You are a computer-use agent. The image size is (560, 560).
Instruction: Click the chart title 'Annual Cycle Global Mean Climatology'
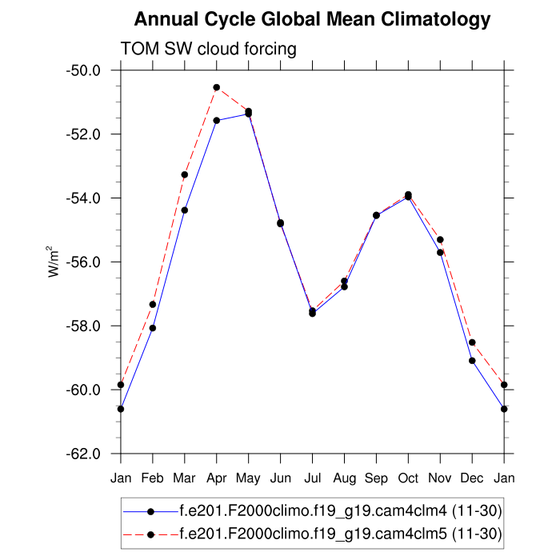[x=312, y=18]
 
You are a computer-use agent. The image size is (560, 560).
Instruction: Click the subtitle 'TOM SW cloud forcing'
[x=208, y=49]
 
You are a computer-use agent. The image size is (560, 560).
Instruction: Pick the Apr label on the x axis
[x=216, y=478]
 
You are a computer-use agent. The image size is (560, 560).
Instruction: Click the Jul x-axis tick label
[x=312, y=478]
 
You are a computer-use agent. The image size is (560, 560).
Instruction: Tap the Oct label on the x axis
[x=408, y=478]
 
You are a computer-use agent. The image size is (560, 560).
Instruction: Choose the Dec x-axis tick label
[x=472, y=478]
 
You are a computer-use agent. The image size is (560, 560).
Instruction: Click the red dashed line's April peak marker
[x=217, y=87]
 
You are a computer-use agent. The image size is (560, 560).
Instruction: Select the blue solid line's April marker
[x=217, y=120]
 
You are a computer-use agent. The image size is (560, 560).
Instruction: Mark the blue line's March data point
[x=185, y=210]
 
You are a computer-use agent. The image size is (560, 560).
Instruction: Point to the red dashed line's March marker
[x=185, y=174]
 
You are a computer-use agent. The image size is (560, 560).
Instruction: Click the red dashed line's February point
[x=153, y=304]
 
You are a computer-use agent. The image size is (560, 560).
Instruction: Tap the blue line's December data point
[x=472, y=361]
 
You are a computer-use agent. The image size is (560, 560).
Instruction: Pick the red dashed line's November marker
[x=440, y=240]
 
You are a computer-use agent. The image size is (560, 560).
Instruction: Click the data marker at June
[x=280, y=223]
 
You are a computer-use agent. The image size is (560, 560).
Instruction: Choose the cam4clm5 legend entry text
[x=341, y=534]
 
